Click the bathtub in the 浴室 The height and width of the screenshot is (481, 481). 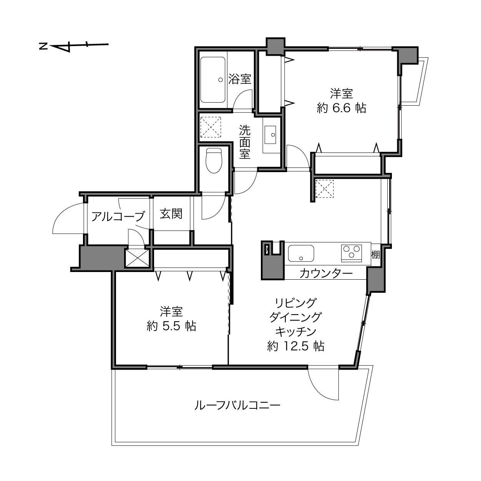213,80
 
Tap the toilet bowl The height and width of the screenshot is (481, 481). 214,161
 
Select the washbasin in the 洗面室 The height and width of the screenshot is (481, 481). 270,135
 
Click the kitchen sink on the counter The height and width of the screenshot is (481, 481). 301,253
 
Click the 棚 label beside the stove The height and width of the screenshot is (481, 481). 375,255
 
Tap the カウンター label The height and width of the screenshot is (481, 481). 326,274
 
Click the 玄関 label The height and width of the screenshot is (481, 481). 171,214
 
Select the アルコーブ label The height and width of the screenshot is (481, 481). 118,216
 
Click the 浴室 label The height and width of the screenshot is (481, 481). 240,79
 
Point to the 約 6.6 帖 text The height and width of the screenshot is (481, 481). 342,108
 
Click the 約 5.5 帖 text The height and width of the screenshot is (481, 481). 171,326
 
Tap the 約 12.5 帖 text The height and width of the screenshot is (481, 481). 296,346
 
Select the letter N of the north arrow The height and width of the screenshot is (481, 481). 43,46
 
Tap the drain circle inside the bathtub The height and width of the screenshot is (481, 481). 220,80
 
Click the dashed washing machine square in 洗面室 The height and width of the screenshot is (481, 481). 211,127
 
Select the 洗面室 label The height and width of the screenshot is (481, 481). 245,142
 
